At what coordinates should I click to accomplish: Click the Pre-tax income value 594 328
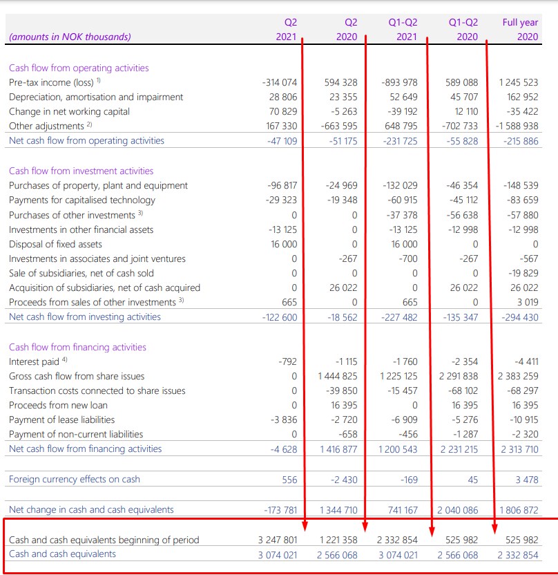340,82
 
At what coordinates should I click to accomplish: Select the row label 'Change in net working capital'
69,111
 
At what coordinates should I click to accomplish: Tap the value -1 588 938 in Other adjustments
512,126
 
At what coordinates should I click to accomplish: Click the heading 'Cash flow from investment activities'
81,171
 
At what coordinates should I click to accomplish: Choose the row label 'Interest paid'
34,361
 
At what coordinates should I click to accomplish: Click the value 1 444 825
338,376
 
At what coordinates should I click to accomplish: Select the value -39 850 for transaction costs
341,390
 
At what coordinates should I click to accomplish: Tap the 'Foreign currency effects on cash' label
75,479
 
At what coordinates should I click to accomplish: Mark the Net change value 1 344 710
338,510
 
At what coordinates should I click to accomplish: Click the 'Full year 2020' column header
520,30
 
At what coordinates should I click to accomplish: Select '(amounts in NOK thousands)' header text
70,37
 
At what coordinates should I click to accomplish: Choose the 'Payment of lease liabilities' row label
62,420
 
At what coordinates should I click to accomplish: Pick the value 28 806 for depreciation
282,97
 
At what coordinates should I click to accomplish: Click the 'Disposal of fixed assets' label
55,244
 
